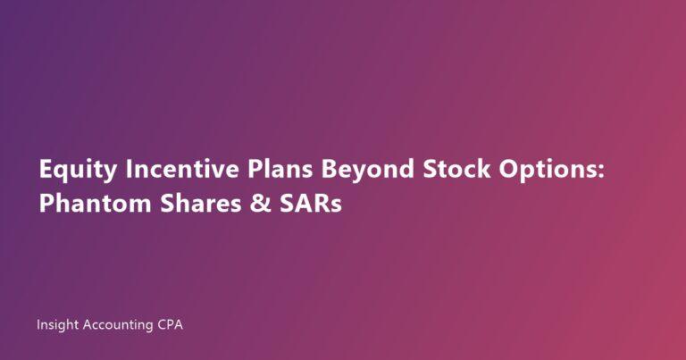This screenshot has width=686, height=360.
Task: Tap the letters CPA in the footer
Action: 170,326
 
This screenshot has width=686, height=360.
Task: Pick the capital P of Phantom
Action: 45,204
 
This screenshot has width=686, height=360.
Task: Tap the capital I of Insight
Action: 38,326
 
